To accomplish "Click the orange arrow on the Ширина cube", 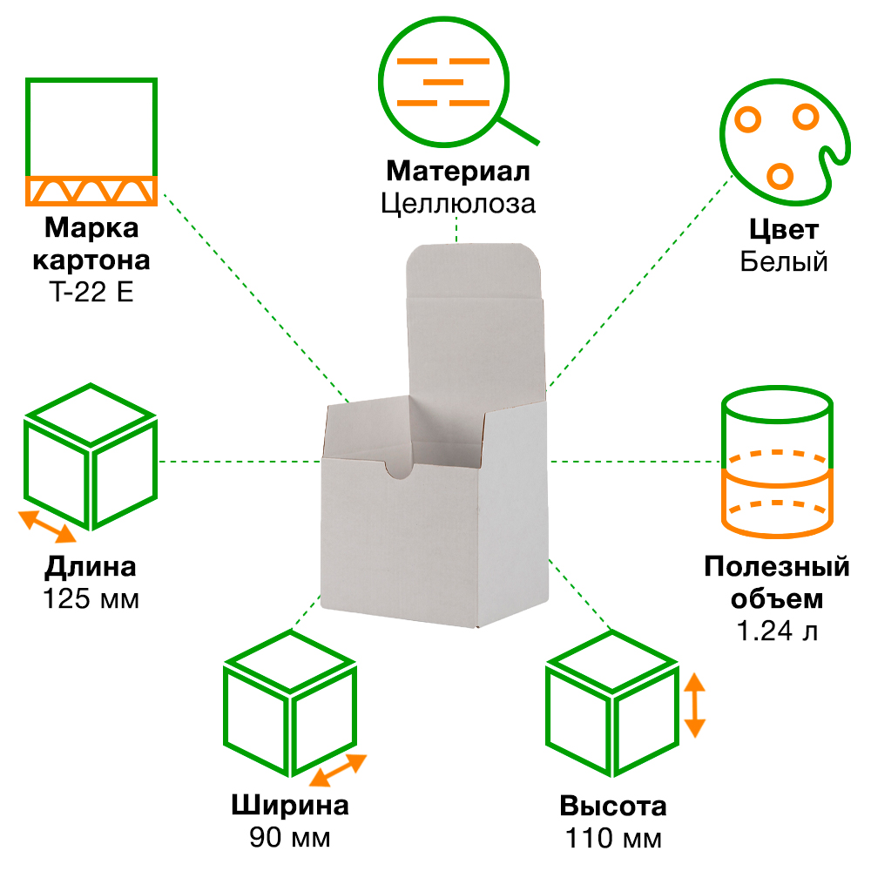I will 337,770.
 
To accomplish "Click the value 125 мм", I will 91,600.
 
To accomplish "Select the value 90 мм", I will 290,839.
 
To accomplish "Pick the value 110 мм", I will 613,840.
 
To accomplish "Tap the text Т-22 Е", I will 91,292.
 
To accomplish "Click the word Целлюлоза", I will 457,203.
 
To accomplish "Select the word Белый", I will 783,260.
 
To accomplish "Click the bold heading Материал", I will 457,170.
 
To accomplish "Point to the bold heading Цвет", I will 783,230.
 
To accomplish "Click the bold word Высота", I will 613,807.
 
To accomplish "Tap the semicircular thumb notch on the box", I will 399,470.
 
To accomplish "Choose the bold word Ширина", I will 290,806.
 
